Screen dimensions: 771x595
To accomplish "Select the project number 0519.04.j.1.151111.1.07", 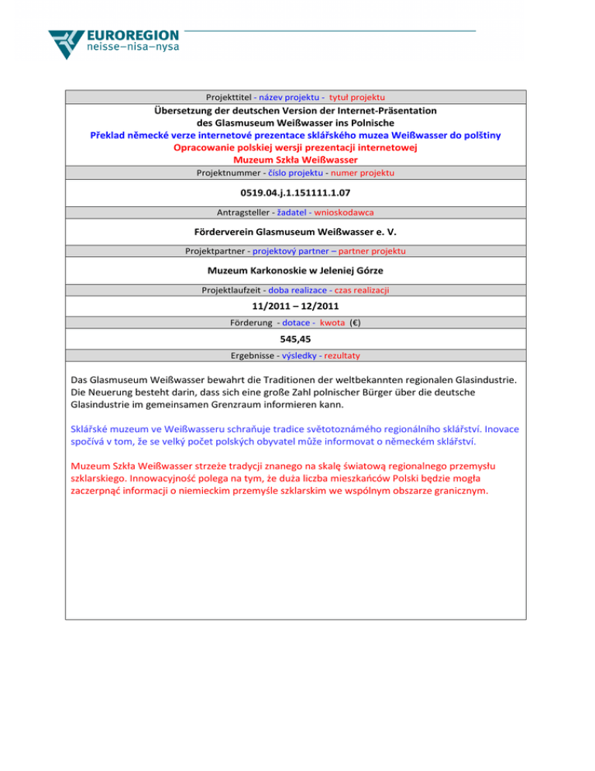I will [297, 192].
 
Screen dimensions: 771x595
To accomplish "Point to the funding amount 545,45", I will [297, 338].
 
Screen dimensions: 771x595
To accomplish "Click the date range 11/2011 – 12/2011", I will [297, 306].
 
